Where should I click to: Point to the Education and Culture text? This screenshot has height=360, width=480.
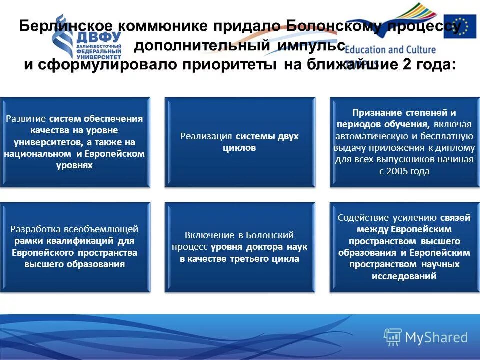[390, 50]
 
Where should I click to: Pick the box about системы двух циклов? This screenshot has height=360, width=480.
[240, 142]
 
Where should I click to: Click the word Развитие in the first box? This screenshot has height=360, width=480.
[26, 119]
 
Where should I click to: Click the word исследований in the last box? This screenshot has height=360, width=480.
[404, 276]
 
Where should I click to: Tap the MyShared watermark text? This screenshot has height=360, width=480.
[436, 337]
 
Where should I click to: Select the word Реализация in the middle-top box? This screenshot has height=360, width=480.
[207, 136]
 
